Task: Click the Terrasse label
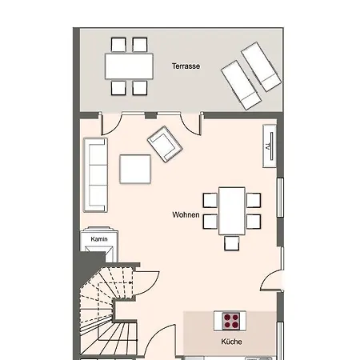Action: [x=186, y=66]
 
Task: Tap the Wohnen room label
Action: [x=186, y=214]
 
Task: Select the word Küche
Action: [x=231, y=342]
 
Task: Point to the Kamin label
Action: [x=99, y=239]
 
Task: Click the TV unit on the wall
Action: [x=270, y=146]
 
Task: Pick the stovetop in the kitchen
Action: [x=231, y=321]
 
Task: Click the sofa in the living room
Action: [x=96, y=175]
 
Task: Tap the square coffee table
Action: [x=135, y=169]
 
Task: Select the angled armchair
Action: [x=165, y=144]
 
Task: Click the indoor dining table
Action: [x=232, y=211]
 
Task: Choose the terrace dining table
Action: [x=129, y=66]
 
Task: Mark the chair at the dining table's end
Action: [x=231, y=243]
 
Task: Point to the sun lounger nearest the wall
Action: [x=262, y=66]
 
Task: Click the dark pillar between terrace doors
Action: [x=150, y=115]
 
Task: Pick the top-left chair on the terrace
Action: [x=118, y=45]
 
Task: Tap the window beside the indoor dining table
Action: [x=280, y=198]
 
